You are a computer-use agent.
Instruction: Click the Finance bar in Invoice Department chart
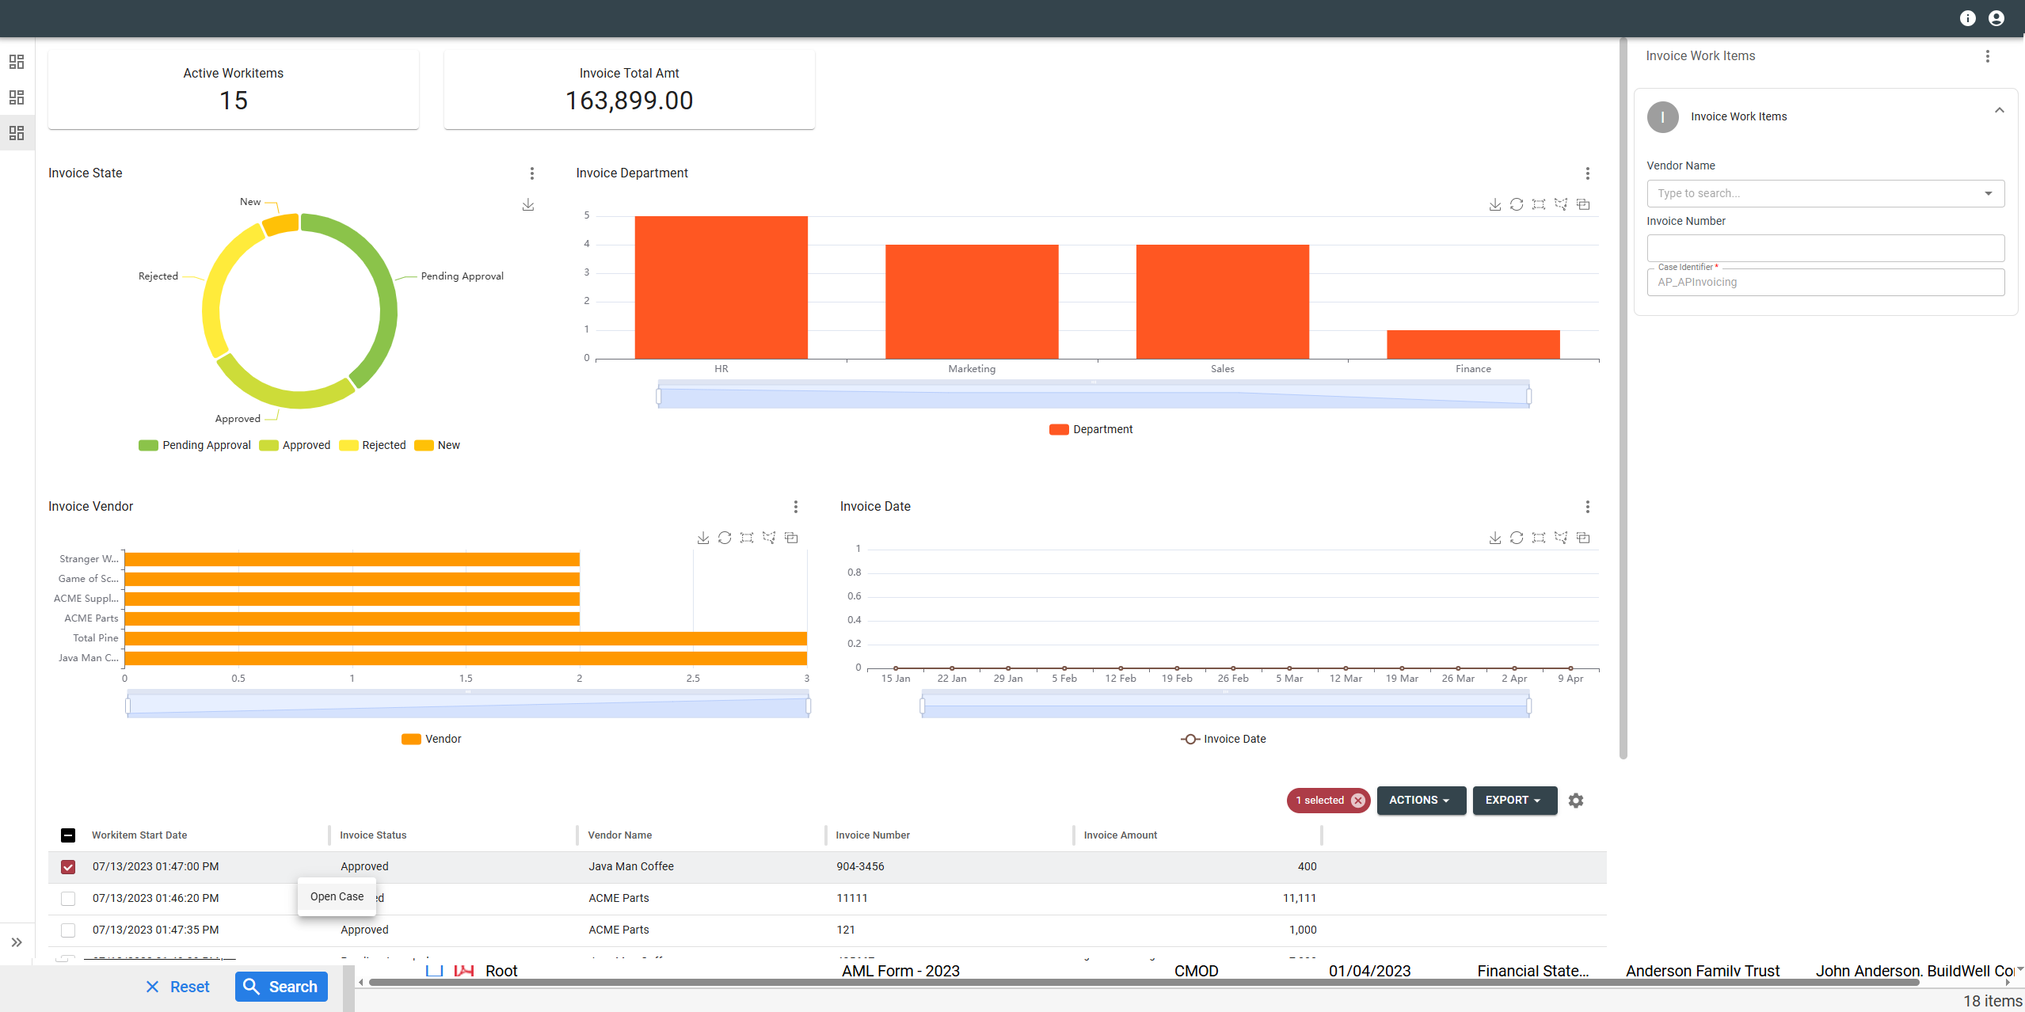(1473, 344)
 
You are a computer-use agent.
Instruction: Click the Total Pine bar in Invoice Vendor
(465, 638)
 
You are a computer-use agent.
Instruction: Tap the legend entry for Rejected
(373, 445)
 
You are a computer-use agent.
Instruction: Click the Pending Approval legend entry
(195, 445)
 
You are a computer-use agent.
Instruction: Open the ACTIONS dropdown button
(1421, 800)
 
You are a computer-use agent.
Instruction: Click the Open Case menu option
(337, 896)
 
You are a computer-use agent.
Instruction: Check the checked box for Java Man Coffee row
(68, 867)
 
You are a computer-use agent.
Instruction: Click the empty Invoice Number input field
(1825, 248)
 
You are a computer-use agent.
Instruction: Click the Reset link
(178, 987)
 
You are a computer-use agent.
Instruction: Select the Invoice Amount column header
(1120, 835)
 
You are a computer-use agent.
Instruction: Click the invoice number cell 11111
(852, 898)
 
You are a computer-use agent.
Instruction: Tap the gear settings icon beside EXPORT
(1576, 801)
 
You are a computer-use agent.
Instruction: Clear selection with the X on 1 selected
(1358, 801)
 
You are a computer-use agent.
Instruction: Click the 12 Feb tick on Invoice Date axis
(1120, 678)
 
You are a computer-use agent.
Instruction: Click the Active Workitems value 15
(234, 101)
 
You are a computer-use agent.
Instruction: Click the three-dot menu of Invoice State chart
(532, 173)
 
